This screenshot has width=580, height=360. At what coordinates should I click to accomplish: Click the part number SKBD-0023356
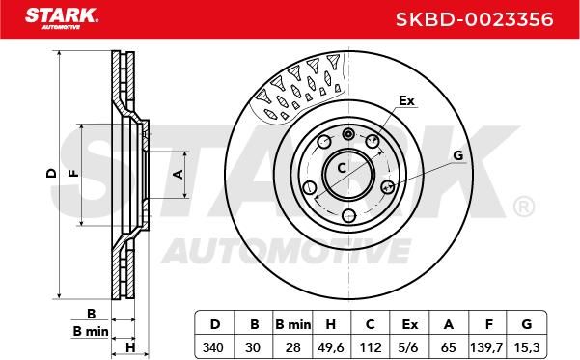coord(474,19)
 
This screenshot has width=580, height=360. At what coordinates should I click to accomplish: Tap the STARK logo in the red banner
coord(62,18)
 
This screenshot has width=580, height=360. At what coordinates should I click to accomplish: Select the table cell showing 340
coord(213,347)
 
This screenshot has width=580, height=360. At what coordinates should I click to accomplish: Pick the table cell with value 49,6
coord(331,347)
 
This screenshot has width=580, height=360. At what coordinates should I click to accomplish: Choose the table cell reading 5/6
coord(409,347)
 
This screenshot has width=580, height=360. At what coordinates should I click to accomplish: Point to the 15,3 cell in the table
coord(527,347)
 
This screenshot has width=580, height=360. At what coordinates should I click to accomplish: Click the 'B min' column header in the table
coord(293,324)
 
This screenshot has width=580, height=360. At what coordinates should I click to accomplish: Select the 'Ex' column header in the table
coord(409,324)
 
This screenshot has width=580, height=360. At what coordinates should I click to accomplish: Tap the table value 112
coord(371,347)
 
